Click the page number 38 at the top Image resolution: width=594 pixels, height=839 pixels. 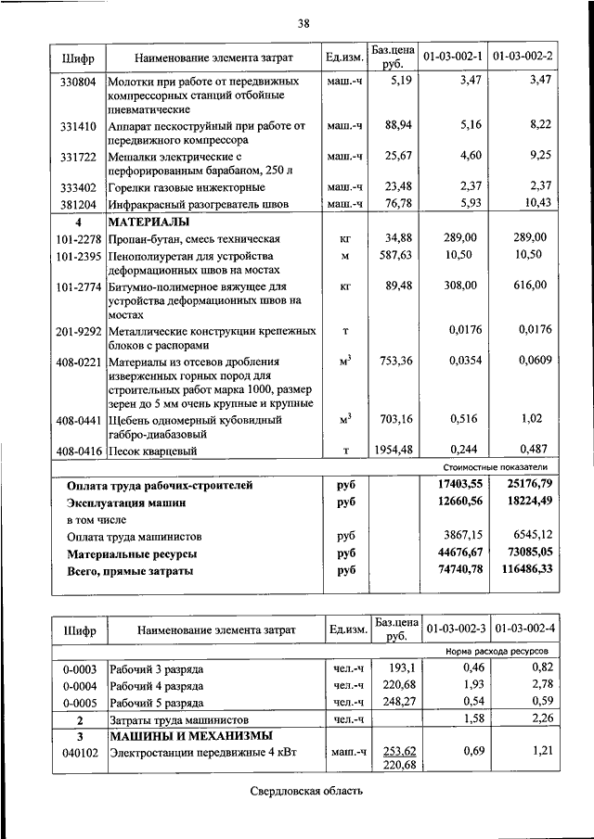coord(303,22)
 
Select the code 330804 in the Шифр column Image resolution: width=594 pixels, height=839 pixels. coord(79,82)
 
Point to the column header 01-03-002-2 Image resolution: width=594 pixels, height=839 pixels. coord(523,57)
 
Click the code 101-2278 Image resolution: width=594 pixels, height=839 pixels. coord(79,238)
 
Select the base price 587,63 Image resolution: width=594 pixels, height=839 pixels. coord(394,254)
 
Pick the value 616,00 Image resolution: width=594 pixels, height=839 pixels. coord(531,286)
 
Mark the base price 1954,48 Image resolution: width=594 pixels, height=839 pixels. coord(391,451)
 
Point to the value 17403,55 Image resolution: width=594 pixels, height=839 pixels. coord(454,485)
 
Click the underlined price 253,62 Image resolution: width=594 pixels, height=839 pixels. coord(398,751)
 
